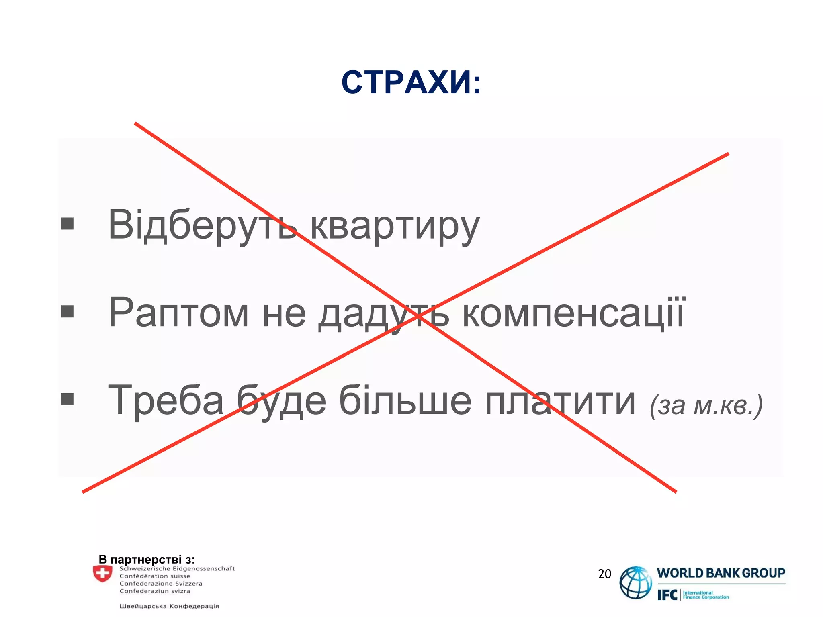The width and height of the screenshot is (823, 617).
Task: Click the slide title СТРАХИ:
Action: pos(411,82)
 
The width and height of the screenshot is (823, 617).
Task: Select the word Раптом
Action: pos(178,313)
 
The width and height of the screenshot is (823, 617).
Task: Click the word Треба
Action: pos(166,400)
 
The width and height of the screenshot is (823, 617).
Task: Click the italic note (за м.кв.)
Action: pos(706,406)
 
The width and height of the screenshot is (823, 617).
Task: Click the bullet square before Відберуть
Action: pos(68,224)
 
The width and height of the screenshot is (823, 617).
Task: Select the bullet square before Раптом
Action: pos(68,311)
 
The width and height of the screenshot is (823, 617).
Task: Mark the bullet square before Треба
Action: pos(68,399)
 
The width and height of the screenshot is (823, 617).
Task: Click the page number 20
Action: pos(604,574)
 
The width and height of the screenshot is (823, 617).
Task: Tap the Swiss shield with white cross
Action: pos(102,574)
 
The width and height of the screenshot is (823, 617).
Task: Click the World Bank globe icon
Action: pos(635,582)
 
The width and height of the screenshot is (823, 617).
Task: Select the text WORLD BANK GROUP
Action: pos(721,573)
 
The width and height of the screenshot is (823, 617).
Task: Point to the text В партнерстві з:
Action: pos(147,559)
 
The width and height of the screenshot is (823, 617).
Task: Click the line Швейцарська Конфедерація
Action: pos(169,606)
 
